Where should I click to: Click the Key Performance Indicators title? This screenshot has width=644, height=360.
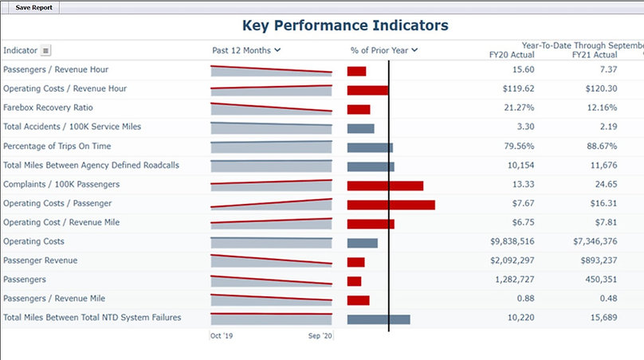(x=345, y=25)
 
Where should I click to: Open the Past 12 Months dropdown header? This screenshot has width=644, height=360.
(x=246, y=50)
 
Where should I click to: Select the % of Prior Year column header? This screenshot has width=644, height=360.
(x=384, y=50)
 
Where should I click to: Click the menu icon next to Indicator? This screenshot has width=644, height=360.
(x=46, y=51)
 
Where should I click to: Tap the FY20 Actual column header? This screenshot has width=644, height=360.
(x=512, y=55)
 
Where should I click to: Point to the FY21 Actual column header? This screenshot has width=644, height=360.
(x=595, y=55)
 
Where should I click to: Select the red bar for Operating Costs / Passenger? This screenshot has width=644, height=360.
(x=391, y=205)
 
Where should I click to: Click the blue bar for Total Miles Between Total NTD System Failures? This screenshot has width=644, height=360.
(x=379, y=319)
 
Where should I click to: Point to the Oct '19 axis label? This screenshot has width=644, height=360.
(x=221, y=337)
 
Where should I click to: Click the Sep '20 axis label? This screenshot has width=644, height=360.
(x=320, y=337)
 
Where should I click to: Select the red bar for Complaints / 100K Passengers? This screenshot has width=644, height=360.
(x=385, y=186)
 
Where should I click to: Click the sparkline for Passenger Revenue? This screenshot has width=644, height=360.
(x=271, y=260)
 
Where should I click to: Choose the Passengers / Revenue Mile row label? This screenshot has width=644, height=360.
(x=54, y=299)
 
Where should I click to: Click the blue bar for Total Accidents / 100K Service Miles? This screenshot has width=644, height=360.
(x=360, y=128)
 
